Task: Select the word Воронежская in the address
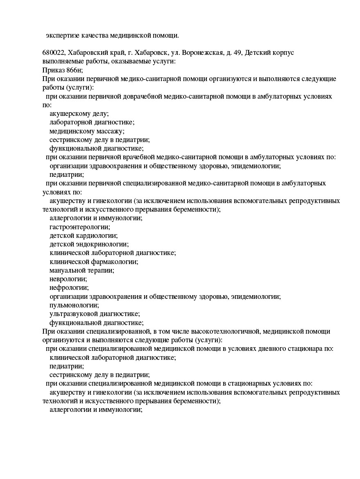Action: (203, 53)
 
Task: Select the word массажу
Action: (110, 131)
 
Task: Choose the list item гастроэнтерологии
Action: (80, 227)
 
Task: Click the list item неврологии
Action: (68, 279)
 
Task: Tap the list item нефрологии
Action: (69, 287)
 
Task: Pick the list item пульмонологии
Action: (74, 305)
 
